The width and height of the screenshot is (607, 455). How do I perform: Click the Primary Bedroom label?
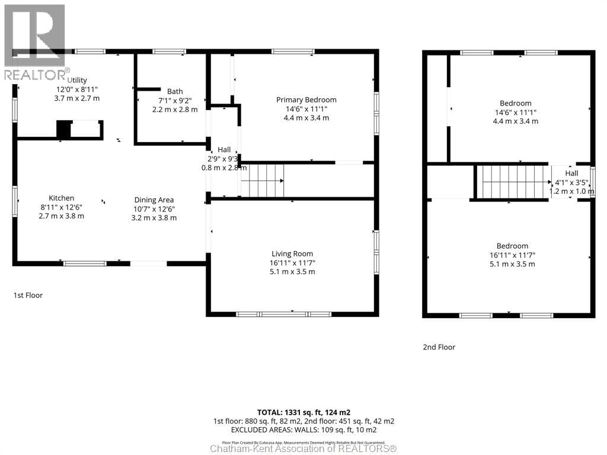tap(306, 100)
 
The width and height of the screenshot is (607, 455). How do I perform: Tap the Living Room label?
tap(292, 254)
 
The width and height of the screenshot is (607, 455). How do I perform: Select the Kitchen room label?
tap(61, 198)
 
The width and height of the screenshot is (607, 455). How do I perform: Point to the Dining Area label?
tap(154, 200)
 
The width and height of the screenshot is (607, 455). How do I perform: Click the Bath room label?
tap(175, 91)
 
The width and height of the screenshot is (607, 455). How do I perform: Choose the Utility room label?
tap(78, 80)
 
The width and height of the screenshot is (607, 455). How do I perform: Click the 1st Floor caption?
tap(28, 295)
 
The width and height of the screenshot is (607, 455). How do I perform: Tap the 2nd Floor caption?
tap(439, 347)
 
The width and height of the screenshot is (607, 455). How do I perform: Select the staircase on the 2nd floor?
tap(512, 182)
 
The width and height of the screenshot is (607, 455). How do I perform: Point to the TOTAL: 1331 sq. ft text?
tap(303, 412)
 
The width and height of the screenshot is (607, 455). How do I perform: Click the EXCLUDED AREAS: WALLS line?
tap(303, 430)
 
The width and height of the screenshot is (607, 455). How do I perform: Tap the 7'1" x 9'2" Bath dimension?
tap(175, 100)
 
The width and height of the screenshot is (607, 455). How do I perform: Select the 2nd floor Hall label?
tap(571, 173)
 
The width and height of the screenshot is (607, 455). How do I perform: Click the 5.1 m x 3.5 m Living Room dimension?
tap(292, 271)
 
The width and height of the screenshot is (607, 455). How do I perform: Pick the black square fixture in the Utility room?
tap(63, 129)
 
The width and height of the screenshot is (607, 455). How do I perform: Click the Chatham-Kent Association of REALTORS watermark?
tap(303, 448)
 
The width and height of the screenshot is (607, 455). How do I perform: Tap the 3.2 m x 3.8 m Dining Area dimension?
tap(154, 217)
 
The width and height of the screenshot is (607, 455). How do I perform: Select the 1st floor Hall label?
tap(223, 150)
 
